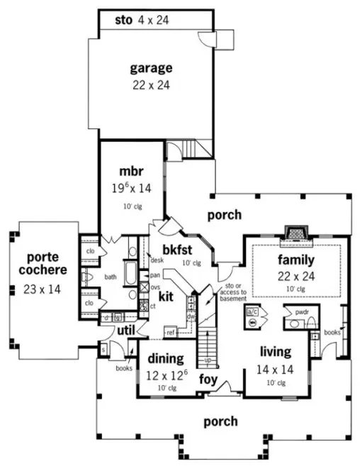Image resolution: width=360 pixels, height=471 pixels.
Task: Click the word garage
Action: [150, 69]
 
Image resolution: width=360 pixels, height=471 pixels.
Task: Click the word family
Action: [296, 259]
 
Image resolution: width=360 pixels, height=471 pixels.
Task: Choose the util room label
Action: [126, 331]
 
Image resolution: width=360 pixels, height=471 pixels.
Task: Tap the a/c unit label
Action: [252, 311]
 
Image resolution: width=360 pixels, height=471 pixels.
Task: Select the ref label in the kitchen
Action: [170, 332]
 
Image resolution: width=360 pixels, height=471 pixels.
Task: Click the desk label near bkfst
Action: [157, 260]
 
